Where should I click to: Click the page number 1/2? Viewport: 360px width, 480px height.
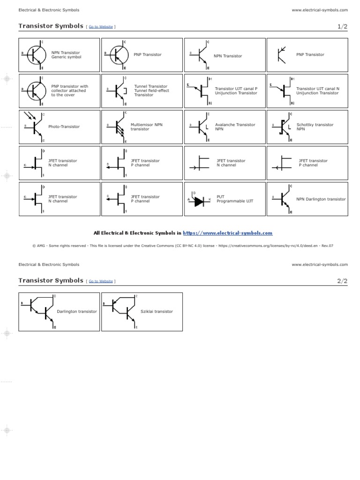click(343, 27)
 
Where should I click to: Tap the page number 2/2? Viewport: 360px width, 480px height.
click(343, 281)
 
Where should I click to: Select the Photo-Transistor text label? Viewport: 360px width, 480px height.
click(64, 127)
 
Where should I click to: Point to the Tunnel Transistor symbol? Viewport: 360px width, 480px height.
click(118, 90)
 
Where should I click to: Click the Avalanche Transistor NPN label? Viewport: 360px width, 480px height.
click(235, 127)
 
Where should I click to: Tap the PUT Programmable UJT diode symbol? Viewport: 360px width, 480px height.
click(199, 201)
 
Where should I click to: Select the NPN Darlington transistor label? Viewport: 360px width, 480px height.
click(321, 199)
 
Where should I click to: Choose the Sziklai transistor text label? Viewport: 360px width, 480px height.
click(157, 311)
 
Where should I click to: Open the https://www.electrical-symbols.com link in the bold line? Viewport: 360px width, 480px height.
click(227, 233)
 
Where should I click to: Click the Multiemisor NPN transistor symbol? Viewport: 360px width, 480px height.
click(118, 127)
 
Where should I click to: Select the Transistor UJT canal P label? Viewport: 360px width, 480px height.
click(236, 90)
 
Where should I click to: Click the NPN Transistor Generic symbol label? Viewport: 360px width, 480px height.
click(66, 55)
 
